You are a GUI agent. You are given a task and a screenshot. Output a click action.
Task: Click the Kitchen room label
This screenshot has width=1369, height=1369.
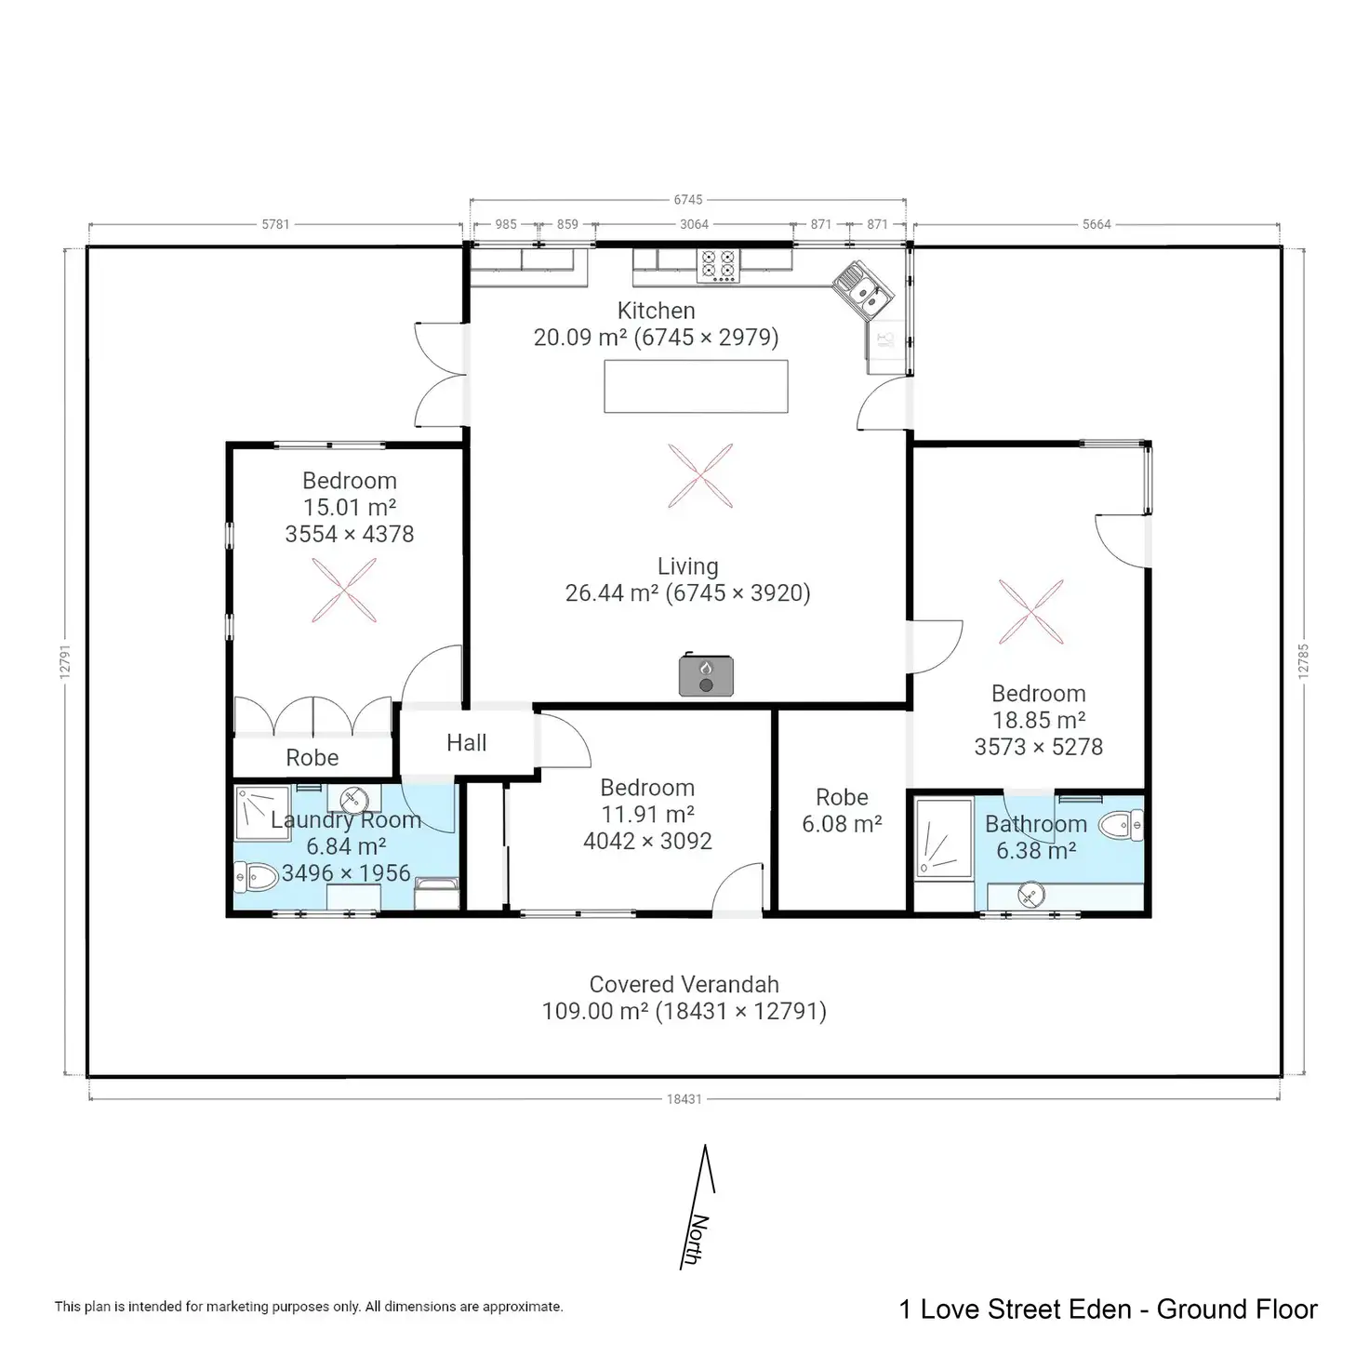(656, 311)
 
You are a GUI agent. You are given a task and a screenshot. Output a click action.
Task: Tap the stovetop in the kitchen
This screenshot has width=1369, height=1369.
(717, 265)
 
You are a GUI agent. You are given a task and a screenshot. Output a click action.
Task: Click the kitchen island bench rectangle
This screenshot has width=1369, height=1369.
(696, 386)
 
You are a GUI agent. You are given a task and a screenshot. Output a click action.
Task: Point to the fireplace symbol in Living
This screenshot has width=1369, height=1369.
(706, 675)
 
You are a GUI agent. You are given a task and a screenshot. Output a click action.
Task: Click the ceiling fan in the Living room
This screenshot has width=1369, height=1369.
(700, 476)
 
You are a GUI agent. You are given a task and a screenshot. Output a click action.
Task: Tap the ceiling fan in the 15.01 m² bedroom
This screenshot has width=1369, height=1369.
(344, 591)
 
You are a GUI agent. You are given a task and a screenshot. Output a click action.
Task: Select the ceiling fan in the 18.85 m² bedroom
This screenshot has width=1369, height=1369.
(1030, 612)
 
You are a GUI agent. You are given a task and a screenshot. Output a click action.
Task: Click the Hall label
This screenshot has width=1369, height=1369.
(466, 742)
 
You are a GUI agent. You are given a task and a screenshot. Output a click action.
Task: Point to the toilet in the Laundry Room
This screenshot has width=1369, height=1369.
(256, 876)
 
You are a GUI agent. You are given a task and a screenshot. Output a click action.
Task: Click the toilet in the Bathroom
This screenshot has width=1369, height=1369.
(1121, 824)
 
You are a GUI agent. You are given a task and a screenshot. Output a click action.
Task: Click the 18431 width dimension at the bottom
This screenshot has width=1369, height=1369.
(684, 1099)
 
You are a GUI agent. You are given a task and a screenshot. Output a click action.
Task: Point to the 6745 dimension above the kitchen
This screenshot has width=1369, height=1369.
(688, 200)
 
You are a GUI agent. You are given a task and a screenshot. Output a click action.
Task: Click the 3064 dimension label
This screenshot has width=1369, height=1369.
(694, 224)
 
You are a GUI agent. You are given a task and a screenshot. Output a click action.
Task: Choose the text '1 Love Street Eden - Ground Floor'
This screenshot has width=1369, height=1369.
(1108, 1309)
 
